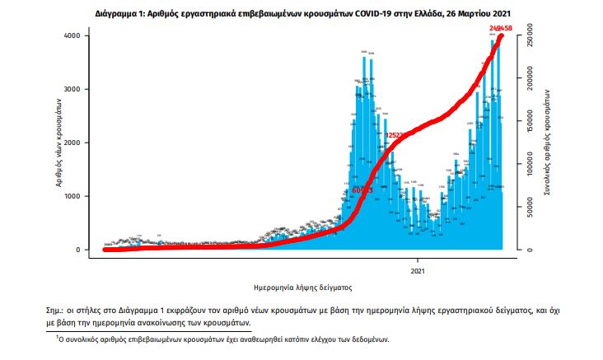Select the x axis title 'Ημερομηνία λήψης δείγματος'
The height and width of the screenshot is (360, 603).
tap(303, 288)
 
